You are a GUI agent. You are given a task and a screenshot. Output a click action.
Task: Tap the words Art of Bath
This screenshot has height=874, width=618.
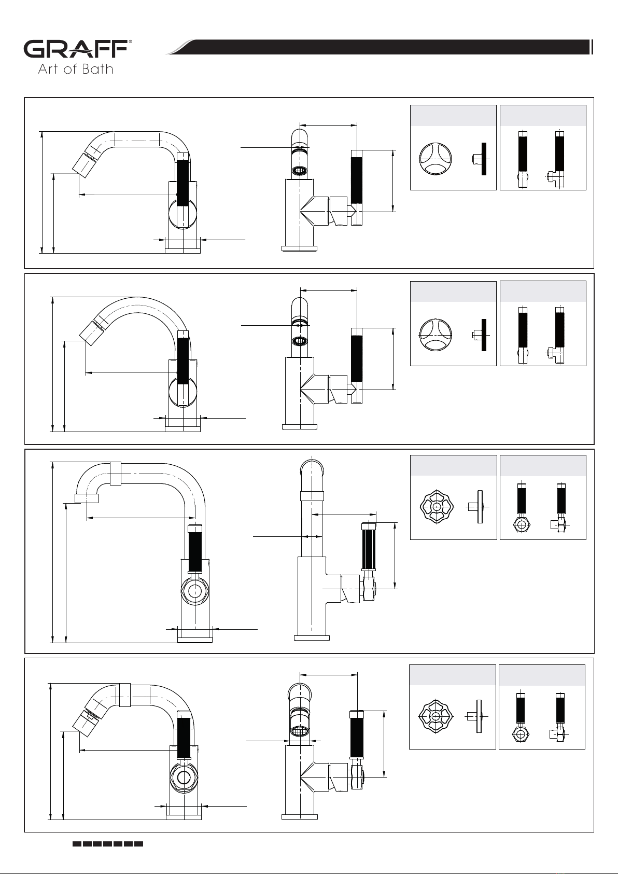point(76,69)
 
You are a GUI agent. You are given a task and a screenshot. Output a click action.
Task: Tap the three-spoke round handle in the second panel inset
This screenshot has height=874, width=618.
point(436,335)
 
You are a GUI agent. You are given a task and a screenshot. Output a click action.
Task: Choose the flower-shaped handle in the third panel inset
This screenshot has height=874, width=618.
point(437,507)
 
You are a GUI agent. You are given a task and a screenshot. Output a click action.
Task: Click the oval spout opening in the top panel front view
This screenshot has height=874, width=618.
point(300,171)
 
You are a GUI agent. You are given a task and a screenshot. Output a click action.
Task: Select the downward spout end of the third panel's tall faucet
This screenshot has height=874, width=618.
point(86,498)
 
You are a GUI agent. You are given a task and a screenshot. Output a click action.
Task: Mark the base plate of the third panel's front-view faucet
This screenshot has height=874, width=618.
point(312,638)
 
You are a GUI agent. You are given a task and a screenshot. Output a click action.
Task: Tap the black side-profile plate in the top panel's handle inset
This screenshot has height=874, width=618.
point(484,158)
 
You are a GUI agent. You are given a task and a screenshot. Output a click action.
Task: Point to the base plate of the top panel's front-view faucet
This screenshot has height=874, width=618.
point(300,248)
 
